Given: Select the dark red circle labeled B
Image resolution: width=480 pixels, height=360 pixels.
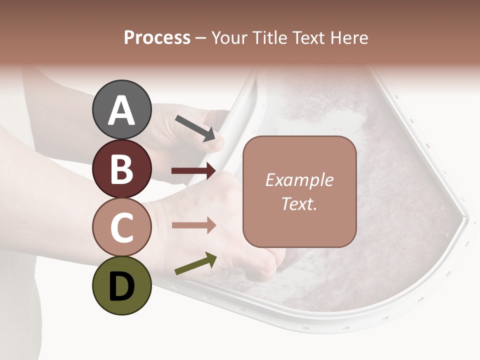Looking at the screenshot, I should pyautogui.click(x=121, y=169).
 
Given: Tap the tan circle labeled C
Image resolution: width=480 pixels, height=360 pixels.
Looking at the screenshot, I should pyautogui.click(x=121, y=227).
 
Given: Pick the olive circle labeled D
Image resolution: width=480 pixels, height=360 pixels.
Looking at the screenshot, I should pyautogui.click(x=121, y=285).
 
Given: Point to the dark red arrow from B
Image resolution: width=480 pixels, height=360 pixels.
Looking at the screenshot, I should pyautogui.click(x=193, y=171).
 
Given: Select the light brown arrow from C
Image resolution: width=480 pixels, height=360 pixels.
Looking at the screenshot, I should pyautogui.click(x=193, y=225).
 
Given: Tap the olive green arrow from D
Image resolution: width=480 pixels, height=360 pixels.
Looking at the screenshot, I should pyautogui.click(x=195, y=263).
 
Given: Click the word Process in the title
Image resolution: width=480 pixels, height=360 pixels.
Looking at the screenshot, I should pyautogui.click(x=157, y=38).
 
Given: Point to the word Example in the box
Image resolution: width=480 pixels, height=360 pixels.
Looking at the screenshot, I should pyautogui.click(x=299, y=180).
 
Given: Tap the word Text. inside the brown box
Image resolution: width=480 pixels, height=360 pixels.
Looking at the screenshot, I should pyautogui.click(x=299, y=204).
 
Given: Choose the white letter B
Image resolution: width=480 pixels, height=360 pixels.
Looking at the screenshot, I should pyautogui.click(x=121, y=169).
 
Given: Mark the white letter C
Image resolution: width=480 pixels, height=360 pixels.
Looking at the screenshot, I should pyautogui.click(x=121, y=228).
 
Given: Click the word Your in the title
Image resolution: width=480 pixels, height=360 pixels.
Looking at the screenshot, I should pyautogui.click(x=228, y=38).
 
